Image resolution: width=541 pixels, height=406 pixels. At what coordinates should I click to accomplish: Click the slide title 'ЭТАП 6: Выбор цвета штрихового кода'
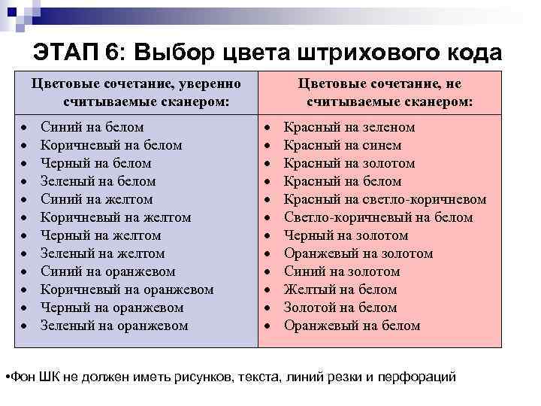[267, 53]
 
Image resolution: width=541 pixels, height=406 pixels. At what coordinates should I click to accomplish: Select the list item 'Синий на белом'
[92, 127]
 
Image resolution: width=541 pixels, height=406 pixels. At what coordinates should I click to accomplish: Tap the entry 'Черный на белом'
[96, 163]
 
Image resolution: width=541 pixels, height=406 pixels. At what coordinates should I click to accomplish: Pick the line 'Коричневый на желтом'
[116, 217]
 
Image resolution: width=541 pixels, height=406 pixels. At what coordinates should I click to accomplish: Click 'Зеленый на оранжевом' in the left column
[115, 326]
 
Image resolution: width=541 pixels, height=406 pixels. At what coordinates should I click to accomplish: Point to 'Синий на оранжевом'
[108, 271]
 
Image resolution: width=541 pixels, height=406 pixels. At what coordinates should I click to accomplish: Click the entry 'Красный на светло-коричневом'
[385, 199]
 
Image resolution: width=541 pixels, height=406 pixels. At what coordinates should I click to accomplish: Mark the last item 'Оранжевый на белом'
[352, 326]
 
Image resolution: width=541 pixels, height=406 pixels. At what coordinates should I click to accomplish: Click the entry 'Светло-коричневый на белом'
[378, 217]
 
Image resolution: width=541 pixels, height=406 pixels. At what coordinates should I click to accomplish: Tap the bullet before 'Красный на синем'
[271, 146]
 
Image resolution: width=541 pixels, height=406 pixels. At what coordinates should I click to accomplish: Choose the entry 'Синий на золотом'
[341, 271]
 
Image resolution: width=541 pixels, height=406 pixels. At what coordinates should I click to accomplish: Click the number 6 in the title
[112, 53]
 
